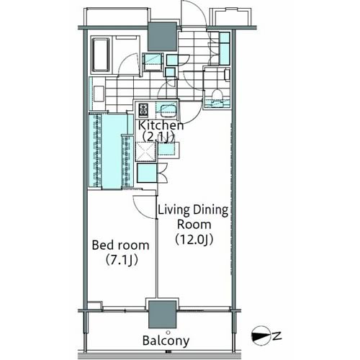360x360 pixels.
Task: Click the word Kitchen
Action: (x=161, y=125)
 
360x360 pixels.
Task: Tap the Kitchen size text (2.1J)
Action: (x=158, y=138)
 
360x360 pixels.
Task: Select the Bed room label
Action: (x=120, y=245)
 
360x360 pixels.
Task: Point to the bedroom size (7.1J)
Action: (x=122, y=260)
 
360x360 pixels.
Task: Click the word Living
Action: (x=174, y=210)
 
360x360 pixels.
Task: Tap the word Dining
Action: (x=211, y=210)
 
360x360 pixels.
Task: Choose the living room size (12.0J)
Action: (x=194, y=240)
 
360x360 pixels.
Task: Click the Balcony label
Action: (x=166, y=341)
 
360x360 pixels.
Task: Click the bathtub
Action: (x=101, y=55)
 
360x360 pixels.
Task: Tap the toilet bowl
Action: (x=217, y=94)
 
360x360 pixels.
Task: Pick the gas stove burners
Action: (x=143, y=109)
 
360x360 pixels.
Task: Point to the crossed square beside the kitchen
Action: (x=145, y=151)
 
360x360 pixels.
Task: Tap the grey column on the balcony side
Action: (x=163, y=315)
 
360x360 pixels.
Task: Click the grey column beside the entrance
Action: (x=163, y=36)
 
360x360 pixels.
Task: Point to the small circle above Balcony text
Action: (x=168, y=333)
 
